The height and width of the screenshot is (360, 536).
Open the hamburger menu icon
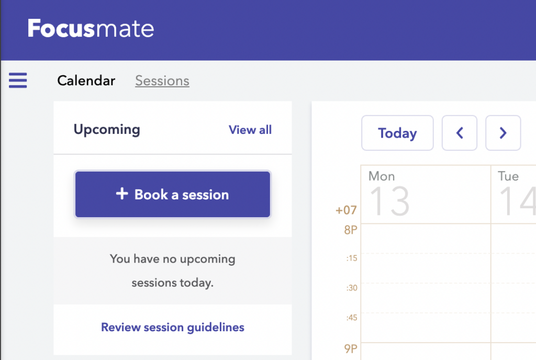click(18, 81)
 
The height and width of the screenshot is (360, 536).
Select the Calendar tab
click(86, 81)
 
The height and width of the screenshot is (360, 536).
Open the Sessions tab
click(162, 81)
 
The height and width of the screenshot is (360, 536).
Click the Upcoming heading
click(107, 129)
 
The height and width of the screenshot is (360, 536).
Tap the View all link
click(250, 130)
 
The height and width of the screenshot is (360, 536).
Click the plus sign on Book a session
click(122, 194)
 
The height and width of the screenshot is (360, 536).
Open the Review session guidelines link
click(173, 328)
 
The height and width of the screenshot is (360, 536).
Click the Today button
click(397, 133)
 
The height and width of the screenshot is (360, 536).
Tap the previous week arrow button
click(460, 133)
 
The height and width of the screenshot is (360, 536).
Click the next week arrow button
click(503, 133)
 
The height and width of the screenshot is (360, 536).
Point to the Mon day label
click(382, 176)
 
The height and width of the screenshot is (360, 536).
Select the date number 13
click(389, 201)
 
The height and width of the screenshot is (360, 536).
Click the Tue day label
click(508, 176)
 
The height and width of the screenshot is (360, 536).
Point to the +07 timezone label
click(346, 210)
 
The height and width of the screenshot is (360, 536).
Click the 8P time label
click(350, 229)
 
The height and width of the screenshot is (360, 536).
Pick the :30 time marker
click(351, 288)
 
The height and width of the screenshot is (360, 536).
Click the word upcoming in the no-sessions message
click(207, 259)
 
